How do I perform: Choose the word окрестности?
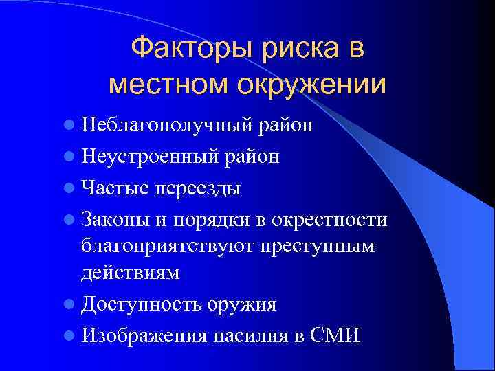click(330, 219)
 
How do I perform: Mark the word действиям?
click(131, 273)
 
